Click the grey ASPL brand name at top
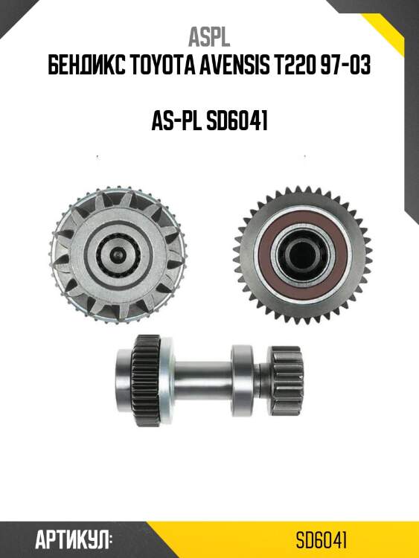[x=209, y=37]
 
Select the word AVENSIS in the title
[x=234, y=65]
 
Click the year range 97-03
[x=345, y=65]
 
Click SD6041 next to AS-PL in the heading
[x=237, y=121]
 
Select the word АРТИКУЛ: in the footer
[x=74, y=540]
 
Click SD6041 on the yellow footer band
[x=321, y=541]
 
